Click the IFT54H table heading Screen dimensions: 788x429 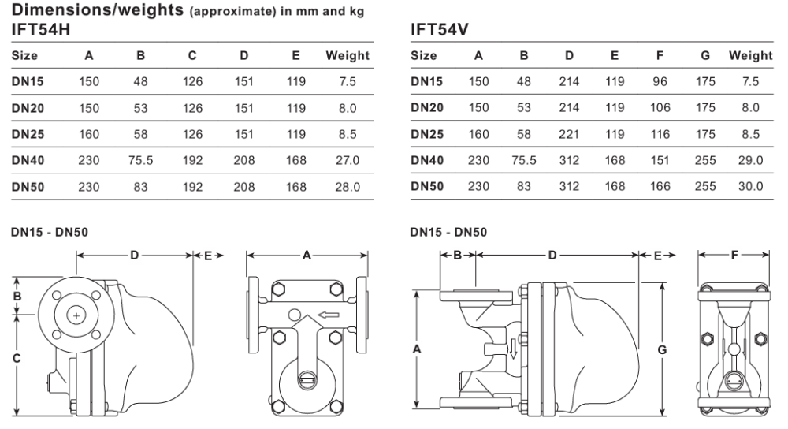click(x=41, y=30)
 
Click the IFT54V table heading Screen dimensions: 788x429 click(x=439, y=30)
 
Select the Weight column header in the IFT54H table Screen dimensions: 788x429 click(x=348, y=55)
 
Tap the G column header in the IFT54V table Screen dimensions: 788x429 click(x=705, y=55)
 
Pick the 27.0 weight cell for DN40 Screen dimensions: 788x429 click(x=348, y=160)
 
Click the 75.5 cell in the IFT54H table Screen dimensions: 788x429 click(x=140, y=160)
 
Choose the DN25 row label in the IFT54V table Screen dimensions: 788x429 click(x=427, y=134)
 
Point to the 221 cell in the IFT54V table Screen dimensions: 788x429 click(x=569, y=134)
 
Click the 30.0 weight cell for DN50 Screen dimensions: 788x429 click(x=750, y=187)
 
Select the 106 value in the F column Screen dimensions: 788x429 click(x=660, y=107)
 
